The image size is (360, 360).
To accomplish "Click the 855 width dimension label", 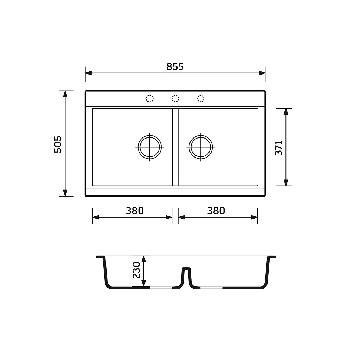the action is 175,66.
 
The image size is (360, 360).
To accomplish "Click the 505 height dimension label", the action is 58,144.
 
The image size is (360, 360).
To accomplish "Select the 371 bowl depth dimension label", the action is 278,148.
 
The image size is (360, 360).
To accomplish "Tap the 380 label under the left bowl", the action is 135,211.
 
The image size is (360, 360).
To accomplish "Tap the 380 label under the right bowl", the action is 216,211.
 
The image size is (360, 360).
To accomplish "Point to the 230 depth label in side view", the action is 136,270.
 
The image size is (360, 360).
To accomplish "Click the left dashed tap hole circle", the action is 150,99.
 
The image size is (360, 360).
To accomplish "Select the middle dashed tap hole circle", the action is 175,99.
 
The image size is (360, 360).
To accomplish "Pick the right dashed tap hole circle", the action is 201,99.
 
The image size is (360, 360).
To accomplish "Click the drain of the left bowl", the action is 150,147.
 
